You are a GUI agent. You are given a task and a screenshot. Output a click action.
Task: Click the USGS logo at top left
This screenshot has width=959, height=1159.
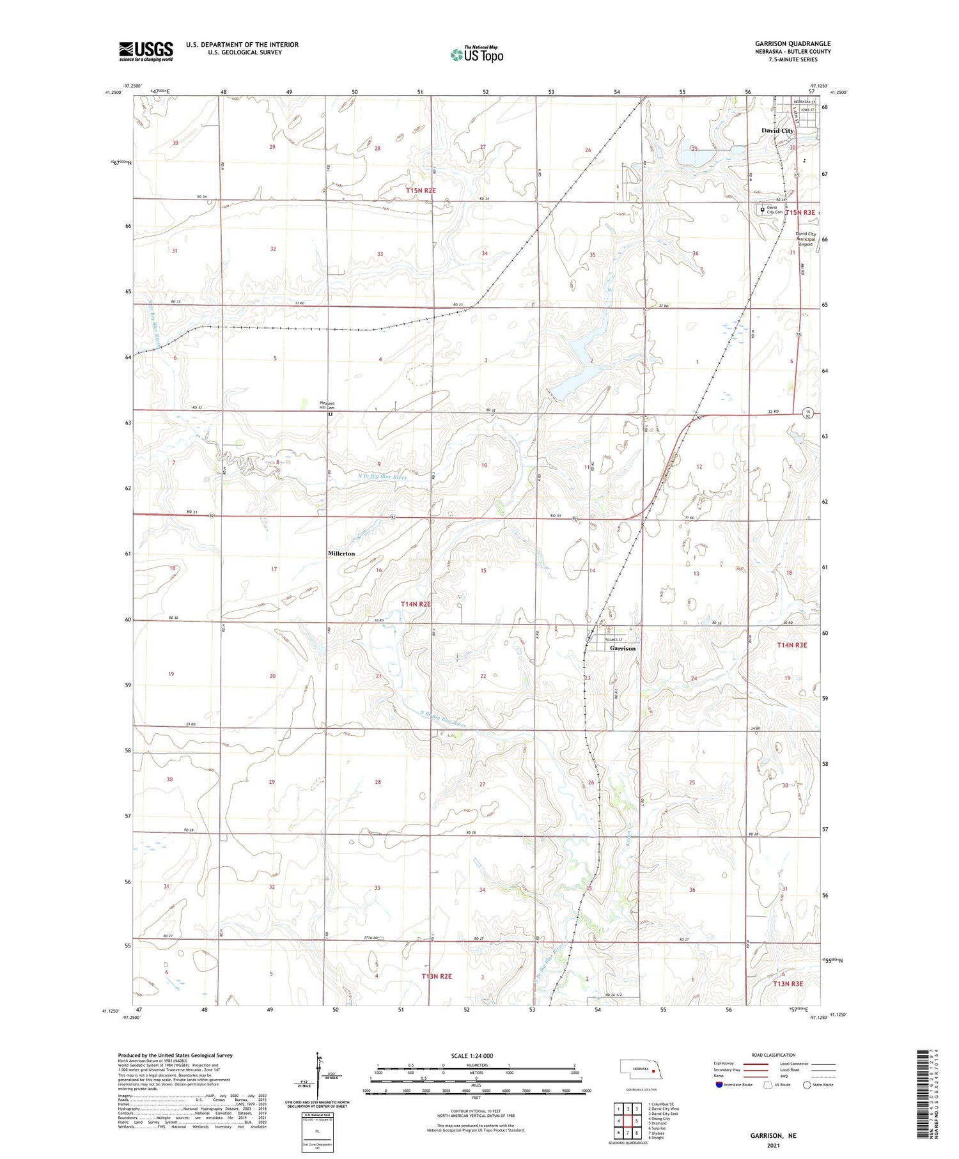point(146,51)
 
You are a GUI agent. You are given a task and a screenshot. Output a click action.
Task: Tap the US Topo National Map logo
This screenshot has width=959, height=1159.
point(476,54)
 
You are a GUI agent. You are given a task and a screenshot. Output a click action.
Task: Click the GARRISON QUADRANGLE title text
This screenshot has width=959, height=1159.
point(793,44)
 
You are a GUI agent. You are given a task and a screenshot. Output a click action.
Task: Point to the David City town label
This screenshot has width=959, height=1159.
point(777,130)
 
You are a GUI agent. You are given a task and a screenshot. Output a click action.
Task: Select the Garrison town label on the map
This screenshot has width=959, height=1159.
point(622,648)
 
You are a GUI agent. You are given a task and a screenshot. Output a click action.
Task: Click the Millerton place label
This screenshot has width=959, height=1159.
point(341,554)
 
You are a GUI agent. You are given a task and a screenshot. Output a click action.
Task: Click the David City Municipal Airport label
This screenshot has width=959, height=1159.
point(805,239)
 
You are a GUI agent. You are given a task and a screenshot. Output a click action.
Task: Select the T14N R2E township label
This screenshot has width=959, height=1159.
point(416,604)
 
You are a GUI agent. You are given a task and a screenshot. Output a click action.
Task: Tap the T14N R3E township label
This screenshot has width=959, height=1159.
point(791,646)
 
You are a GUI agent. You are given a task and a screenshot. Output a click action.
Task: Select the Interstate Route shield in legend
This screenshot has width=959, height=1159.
point(719,1085)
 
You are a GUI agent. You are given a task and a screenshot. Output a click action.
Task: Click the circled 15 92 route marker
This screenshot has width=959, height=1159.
point(808,414)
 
